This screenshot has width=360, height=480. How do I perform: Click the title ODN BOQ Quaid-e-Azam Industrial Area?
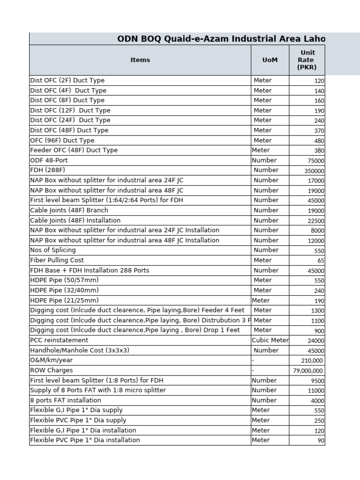221,39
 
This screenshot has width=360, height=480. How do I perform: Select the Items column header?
140,60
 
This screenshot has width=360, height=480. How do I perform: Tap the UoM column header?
270,60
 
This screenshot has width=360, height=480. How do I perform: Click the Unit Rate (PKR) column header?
307,60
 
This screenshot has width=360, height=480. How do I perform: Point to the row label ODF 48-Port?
49,160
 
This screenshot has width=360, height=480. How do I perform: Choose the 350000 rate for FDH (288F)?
314,171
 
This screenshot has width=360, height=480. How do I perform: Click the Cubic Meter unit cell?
270,340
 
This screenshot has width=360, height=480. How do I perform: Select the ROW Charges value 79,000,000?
307,371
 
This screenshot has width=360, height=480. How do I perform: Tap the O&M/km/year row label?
51,360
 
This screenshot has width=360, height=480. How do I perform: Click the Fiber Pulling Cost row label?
57,260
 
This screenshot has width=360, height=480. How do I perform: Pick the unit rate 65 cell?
321,261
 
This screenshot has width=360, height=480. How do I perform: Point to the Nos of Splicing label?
52,250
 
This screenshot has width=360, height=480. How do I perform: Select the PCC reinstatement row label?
59,340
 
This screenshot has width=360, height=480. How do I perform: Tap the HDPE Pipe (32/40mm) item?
64,290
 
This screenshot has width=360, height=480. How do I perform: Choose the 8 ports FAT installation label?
65,400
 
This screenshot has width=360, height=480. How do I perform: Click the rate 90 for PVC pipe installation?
321,441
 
